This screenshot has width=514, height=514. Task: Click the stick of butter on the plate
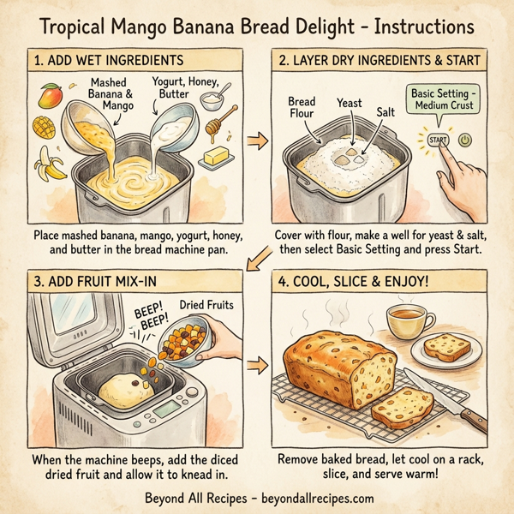[217, 157]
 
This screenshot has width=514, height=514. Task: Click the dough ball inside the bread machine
[128, 390]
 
